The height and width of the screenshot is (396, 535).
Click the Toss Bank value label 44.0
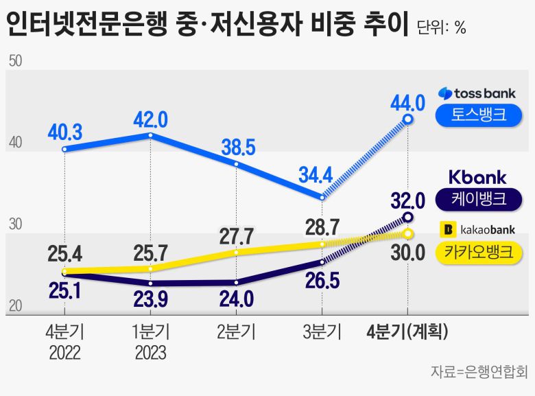tap(408, 103)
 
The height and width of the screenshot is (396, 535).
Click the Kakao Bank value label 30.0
tap(409, 253)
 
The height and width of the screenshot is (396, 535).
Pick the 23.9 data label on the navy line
tap(150, 299)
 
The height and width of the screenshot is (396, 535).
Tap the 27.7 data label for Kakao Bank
tap(237, 236)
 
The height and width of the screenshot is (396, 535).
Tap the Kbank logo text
tap(477, 177)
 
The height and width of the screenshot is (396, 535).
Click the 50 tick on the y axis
tap(15, 61)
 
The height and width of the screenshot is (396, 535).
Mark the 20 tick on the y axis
tap(15, 306)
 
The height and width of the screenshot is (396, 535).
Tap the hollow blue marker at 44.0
tap(408, 119)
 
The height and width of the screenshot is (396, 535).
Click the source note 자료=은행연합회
tap(478, 373)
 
